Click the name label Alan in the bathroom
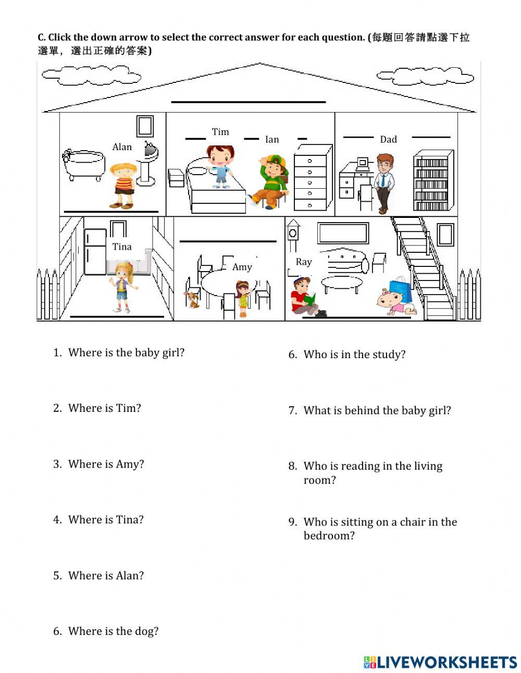coord(122,147)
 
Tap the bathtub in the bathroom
coord(83,164)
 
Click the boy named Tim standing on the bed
coord(220,166)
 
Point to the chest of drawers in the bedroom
coord(312,178)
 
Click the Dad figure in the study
coord(384,182)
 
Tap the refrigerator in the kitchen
coord(95,252)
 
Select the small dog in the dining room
coord(193,299)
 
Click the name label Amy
coord(242,267)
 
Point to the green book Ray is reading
coord(311,299)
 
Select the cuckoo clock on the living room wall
coord(293,235)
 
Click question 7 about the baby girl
coord(377,411)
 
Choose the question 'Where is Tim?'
coord(104,408)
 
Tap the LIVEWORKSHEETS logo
coord(440,662)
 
